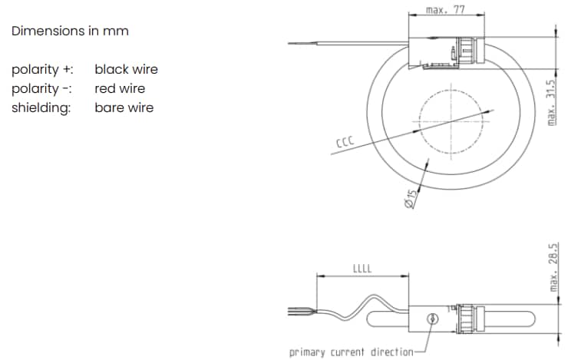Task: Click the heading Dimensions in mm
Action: (70, 31)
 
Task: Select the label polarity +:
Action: (43, 69)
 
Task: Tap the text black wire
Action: (126, 69)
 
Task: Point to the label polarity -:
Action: (42, 88)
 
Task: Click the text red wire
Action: (120, 88)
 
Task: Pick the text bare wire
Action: (124, 107)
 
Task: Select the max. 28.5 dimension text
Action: (554, 266)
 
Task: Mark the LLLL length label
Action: (362, 268)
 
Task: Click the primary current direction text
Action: (351, 352)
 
